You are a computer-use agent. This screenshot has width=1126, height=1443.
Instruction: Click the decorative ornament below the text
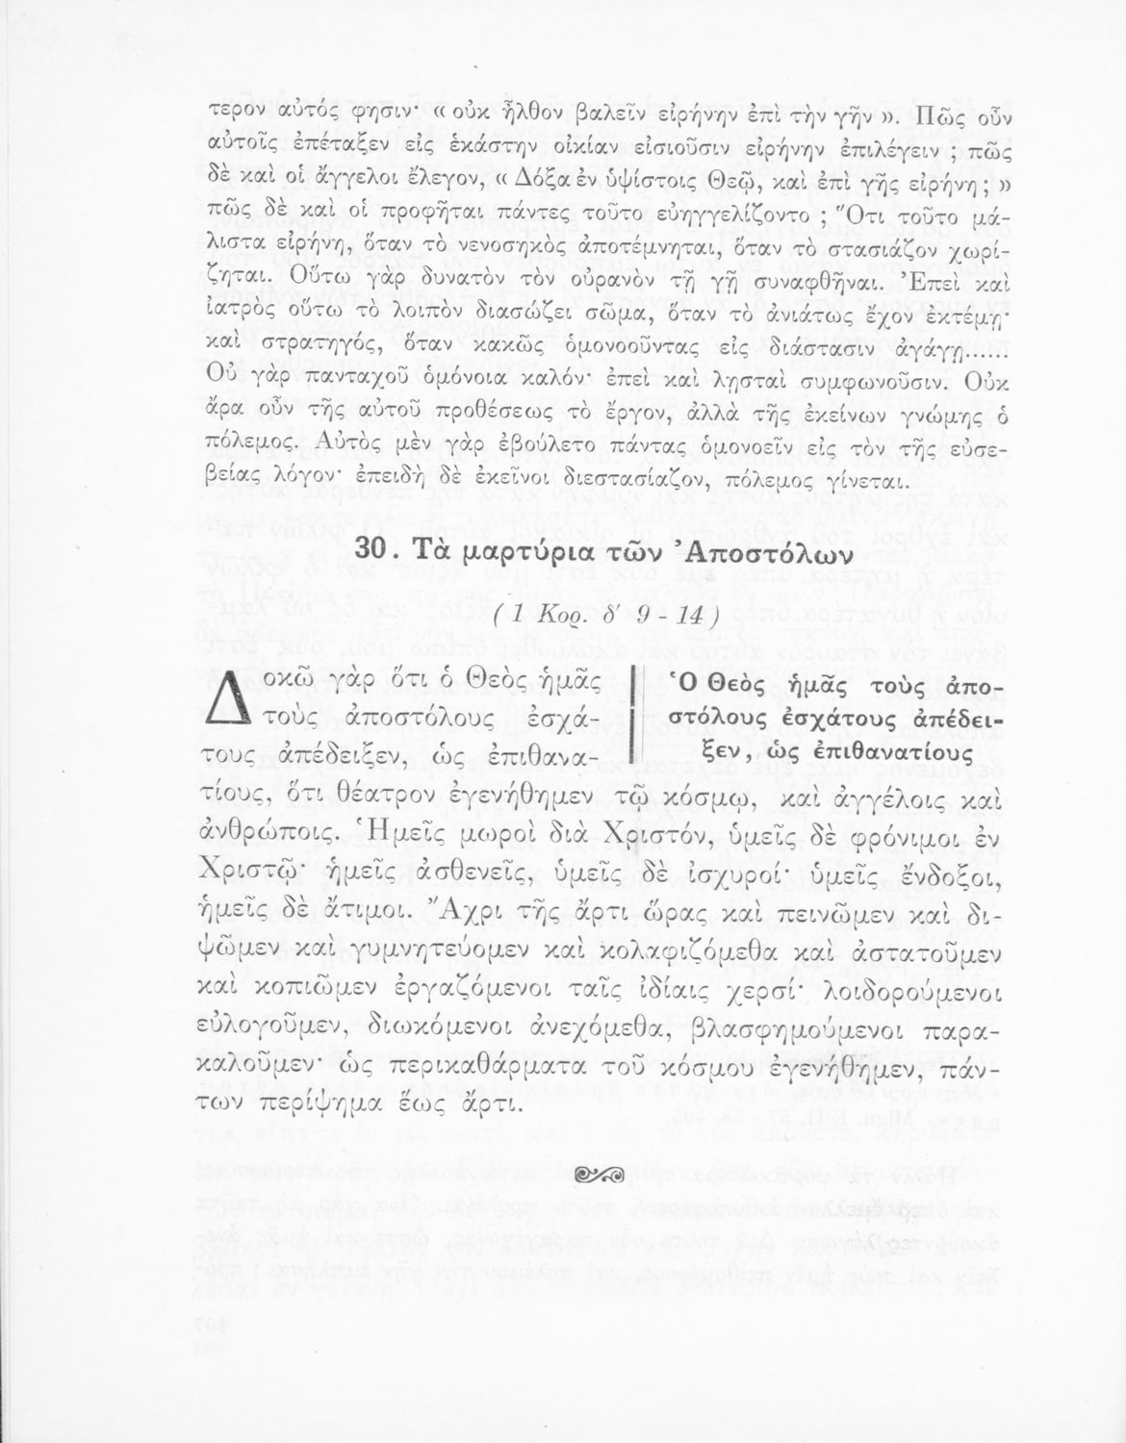(x=597, y=1173)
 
